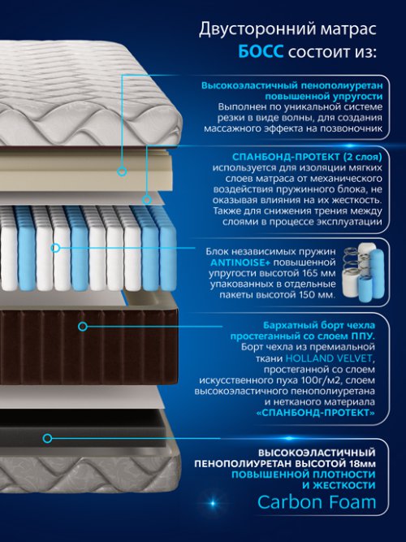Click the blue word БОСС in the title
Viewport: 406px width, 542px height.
261,52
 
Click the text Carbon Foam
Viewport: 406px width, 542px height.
317,502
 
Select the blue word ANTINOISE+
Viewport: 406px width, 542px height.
240,262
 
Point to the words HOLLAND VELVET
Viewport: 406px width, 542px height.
330,358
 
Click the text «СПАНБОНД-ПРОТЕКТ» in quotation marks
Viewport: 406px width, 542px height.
316,412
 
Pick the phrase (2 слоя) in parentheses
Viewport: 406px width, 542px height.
363,157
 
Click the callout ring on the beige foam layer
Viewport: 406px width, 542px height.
122,171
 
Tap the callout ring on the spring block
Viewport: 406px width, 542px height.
55,248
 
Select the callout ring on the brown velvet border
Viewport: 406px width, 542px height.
82,326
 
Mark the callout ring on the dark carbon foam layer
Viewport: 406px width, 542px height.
47,438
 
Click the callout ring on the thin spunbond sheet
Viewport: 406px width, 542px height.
147,199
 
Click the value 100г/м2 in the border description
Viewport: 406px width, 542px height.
326,380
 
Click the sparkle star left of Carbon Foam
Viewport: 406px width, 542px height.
213,503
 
